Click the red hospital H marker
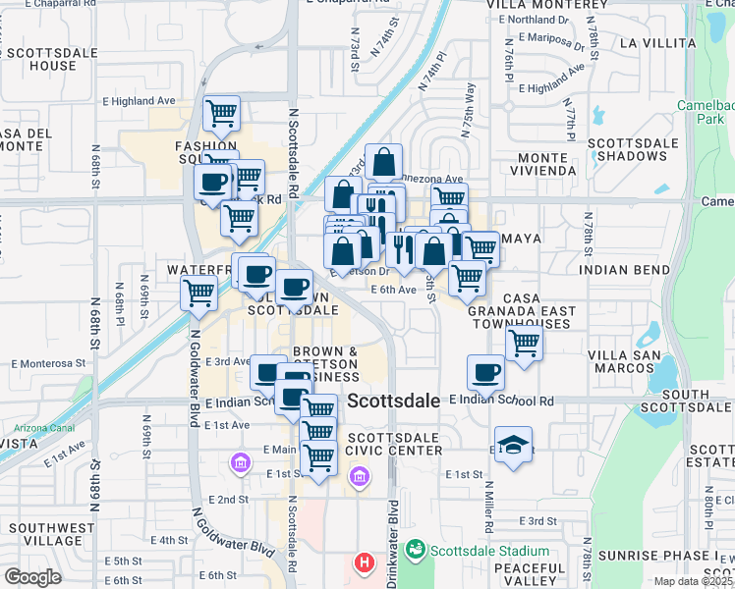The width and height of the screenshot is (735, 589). (x=365, y=563)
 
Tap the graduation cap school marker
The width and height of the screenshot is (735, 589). (x=513, y=446)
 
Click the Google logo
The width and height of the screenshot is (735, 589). (x=32, y=576)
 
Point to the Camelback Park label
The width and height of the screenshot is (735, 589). (x=706, y=112)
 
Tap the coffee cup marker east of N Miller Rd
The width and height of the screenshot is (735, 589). (x=485, y=372)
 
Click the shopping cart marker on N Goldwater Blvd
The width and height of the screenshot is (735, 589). (x=199, y=293)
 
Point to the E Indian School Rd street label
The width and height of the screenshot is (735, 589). (x=501, y=401)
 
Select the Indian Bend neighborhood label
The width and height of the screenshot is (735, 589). (x=626, y=269)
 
